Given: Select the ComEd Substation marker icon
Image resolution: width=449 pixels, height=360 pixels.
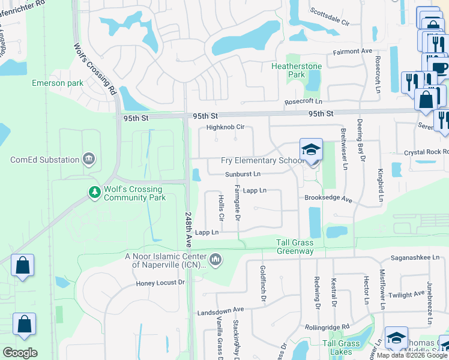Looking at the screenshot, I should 89,159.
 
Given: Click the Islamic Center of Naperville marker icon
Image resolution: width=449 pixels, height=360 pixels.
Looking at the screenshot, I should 216,260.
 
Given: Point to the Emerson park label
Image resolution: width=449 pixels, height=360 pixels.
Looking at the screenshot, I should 58,83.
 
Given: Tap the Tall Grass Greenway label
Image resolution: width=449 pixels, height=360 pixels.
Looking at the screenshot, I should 295,247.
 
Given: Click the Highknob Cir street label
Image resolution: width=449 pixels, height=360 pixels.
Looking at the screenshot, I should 225,127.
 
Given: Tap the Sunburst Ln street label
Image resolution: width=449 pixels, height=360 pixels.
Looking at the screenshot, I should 243,175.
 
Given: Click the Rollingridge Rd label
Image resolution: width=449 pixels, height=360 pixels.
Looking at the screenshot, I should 327,327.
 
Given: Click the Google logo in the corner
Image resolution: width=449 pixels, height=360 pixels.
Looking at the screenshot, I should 20,353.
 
